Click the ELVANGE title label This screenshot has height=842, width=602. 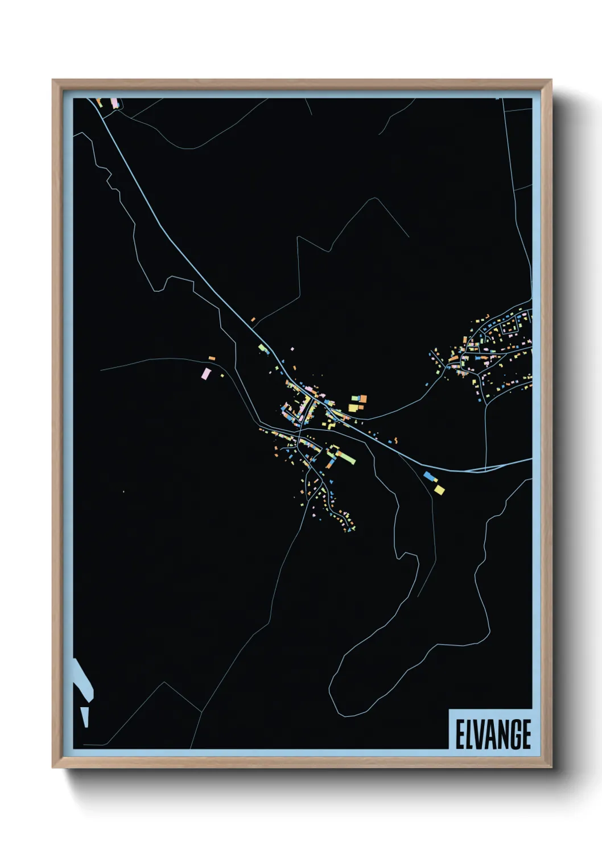coord(493,734)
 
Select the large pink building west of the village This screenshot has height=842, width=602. coord(206,373)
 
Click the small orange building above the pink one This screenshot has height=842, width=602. coord(212,358)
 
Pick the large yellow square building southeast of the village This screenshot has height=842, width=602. coord(439,489)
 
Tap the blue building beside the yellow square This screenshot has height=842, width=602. coord(429,476)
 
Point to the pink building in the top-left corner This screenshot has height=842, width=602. coord(113,102)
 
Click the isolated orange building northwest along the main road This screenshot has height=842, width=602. coord(253,320)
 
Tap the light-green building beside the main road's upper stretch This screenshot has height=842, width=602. coord(262,348)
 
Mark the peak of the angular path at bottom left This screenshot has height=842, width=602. coord(165,683)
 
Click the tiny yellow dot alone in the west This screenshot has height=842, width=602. coord(123,491)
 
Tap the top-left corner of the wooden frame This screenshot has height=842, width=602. coord(53,81)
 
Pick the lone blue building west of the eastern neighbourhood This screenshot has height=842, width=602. coord(426,385)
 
